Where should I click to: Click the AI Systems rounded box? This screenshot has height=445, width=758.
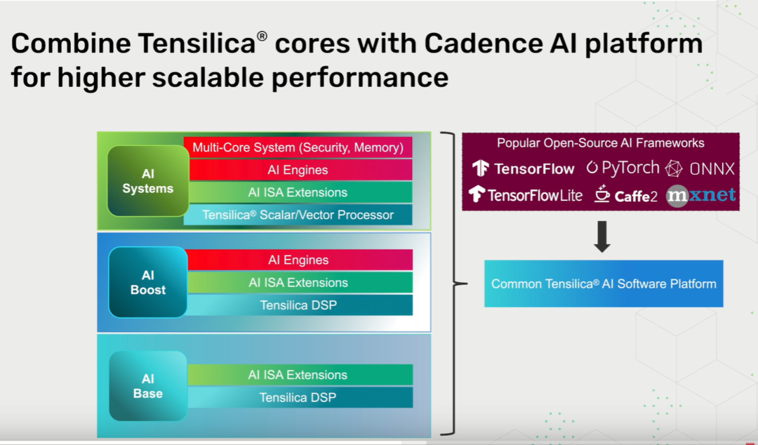(148, 180)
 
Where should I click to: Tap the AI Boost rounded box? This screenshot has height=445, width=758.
(148, 282)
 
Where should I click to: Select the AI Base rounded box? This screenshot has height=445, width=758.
(148, 386)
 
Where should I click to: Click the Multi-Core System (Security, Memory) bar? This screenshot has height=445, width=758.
(298, 147)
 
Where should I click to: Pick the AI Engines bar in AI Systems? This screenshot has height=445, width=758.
(298, 170)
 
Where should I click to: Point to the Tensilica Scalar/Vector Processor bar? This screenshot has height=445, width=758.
(298, 215)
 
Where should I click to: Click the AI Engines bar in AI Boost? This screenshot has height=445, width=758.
(298, 260)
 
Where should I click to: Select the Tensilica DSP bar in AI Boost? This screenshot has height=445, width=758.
(298, 305)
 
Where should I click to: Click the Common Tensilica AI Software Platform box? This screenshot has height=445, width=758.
(604, 284)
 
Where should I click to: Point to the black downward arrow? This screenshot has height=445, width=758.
(602, 237)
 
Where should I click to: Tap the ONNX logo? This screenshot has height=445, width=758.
(700, 168)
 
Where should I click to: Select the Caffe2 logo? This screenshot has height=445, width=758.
(625, 194)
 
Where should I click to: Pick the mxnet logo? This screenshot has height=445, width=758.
(700, 194)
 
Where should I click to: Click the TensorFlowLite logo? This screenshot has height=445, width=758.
(526, 194)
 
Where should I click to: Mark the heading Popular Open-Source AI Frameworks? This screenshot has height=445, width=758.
(601, 143)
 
